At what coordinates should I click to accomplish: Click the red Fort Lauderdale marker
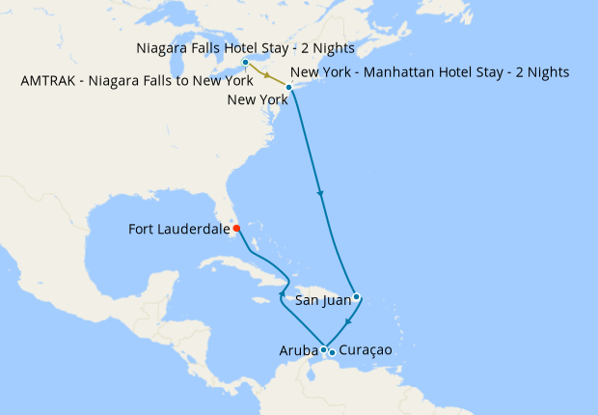(236, 229)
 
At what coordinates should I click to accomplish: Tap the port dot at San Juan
(356, 296)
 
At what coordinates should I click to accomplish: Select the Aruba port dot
(323, 349)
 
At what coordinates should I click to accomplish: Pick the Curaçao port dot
(332, 352)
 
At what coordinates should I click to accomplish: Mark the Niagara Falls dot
(245, 63)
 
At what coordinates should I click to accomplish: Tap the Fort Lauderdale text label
(178, 230)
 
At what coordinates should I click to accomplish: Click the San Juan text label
(322, 301)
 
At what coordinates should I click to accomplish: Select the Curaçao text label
(367, 350)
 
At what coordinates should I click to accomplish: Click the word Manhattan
(393, 72)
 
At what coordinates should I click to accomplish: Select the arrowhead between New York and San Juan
(320, 194)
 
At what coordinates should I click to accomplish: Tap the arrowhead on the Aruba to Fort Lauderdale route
(283, 293)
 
